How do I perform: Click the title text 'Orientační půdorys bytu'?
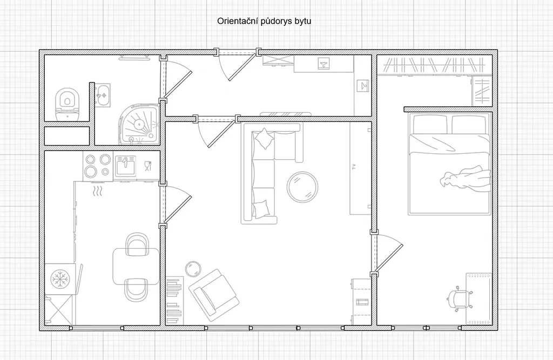264,21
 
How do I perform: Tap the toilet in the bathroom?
66,104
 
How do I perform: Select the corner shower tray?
139,124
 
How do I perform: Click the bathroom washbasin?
103,95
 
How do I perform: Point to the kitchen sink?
125,166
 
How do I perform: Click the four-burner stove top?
98,166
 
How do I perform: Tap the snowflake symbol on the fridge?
60,279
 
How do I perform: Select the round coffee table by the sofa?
302,187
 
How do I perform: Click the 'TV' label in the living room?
354,166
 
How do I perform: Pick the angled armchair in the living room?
214,295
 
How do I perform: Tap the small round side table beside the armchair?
193,269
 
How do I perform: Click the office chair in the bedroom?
459,299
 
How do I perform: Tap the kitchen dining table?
136,267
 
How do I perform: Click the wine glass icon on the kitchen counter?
148,166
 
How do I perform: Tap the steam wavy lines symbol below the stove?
98,192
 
